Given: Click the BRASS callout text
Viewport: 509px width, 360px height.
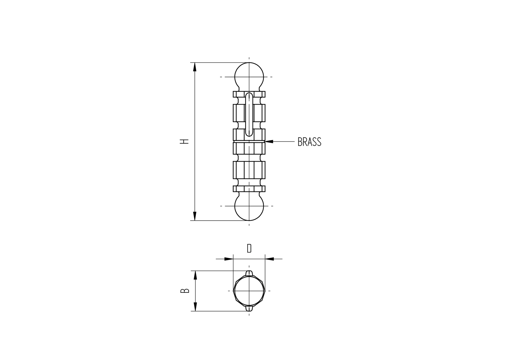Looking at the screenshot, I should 309,142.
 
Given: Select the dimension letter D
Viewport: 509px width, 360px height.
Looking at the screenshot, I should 249,248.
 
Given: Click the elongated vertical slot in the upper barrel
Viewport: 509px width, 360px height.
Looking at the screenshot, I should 249,115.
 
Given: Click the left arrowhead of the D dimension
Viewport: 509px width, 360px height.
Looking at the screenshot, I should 229,259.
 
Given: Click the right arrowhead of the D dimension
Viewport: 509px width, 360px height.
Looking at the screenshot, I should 269,259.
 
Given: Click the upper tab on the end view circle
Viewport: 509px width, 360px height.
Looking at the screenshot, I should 249,273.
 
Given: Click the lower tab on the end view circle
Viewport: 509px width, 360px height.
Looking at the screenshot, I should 249,308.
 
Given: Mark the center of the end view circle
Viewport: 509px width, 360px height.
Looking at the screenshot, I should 249,291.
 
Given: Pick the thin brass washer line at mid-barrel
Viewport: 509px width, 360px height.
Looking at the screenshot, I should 249,141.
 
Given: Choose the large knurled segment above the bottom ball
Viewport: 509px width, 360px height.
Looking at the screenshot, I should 249,170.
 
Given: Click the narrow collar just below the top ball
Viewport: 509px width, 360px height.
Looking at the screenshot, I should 249,94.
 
